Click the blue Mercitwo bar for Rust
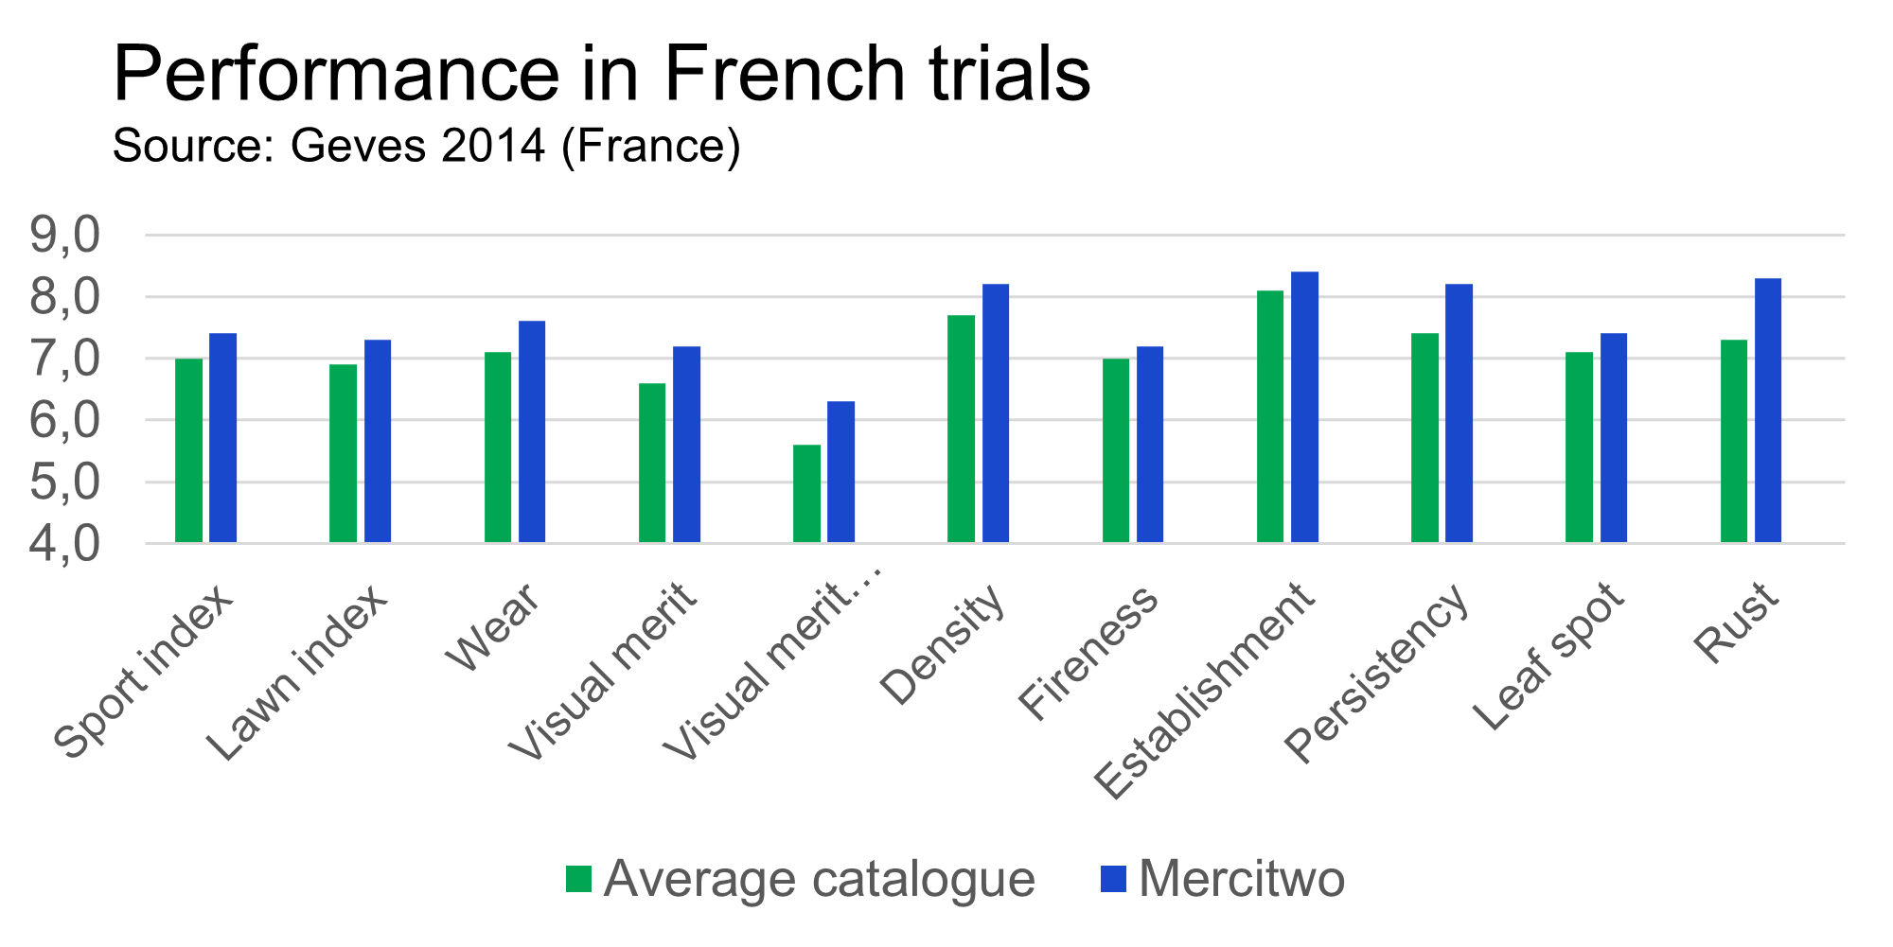pyautogui.click(x=1768, y=411)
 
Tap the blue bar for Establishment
pyautogui.click(x=1305, y=408)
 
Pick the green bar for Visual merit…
pyautogui.click(x=807, y=494)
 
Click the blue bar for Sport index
pyautogui.click(x=223, y=438)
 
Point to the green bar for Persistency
pyautogui.click(x=1425, y=438)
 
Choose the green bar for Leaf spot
pyautogui.click(x=1580, y=447)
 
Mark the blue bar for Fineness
pyautogui.click(x=1150, y=445)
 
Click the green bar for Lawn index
pyautogui.click(x=344, y=453)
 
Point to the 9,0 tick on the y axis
pyautogui.click(x=64, y=235)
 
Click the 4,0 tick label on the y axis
pyautogui.click(x=64, y=544)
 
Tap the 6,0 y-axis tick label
pyautogui.click(x=64, y=420)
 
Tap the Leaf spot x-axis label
pyautogui.click(x=1548, y=658)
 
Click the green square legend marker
pyautogui.click(x=578, y=879)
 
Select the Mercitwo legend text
pyautogui.click(x=1242, y=879)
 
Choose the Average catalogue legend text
pyautogui.click(x=820, y=879)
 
